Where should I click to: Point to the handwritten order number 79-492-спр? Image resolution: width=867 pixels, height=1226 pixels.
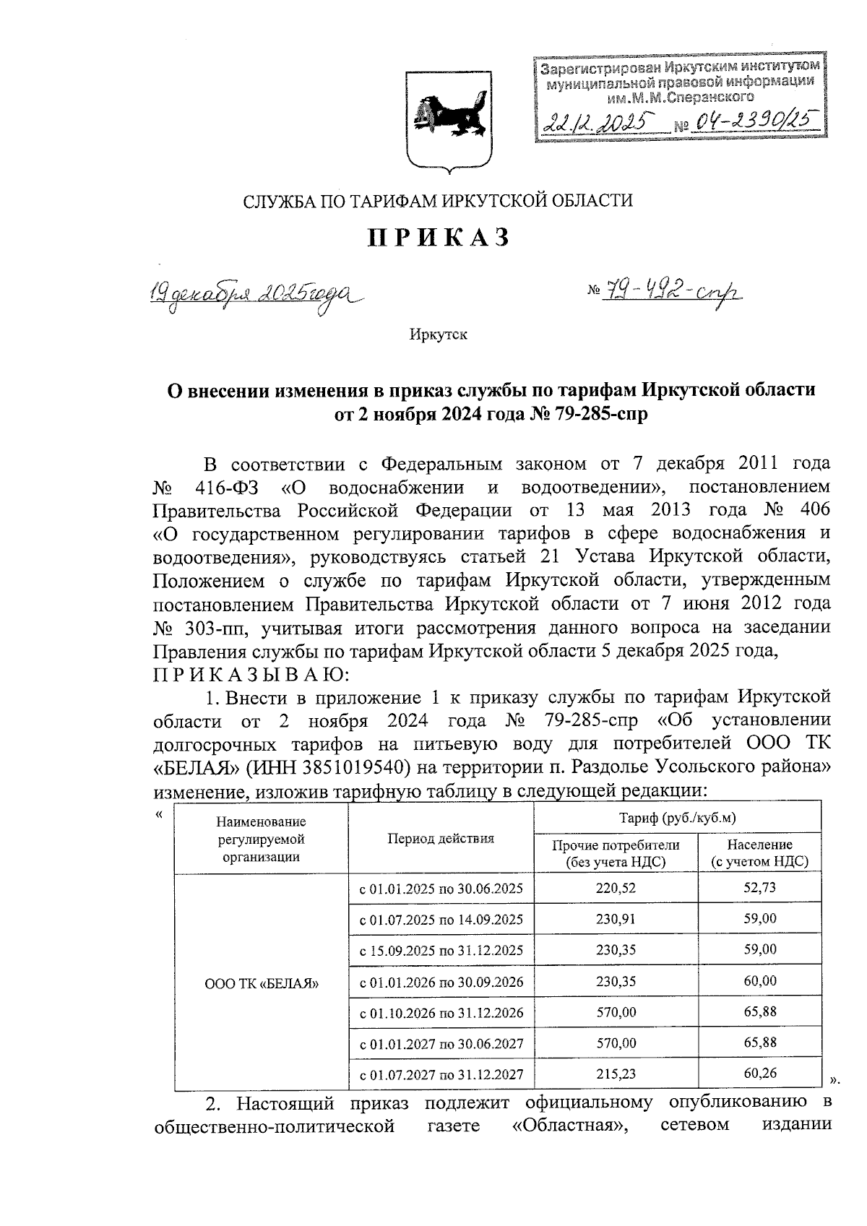[664, 291]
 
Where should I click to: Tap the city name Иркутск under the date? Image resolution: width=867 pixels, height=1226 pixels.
[438, 335]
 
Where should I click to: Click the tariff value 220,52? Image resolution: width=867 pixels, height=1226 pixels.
[616, 888]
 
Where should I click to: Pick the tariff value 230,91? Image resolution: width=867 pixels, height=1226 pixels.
[616, 919]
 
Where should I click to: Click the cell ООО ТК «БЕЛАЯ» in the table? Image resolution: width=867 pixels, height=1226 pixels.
[262, 983]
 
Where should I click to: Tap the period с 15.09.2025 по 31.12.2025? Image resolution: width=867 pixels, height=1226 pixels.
[441, 950]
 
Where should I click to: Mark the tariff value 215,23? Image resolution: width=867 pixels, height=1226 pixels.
[616, 1074]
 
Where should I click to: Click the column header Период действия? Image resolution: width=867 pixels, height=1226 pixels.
[441, 839]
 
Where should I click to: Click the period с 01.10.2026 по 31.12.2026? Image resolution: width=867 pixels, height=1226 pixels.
[441, 1012]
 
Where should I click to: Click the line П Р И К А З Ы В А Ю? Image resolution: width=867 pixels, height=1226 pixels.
[251, 675]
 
